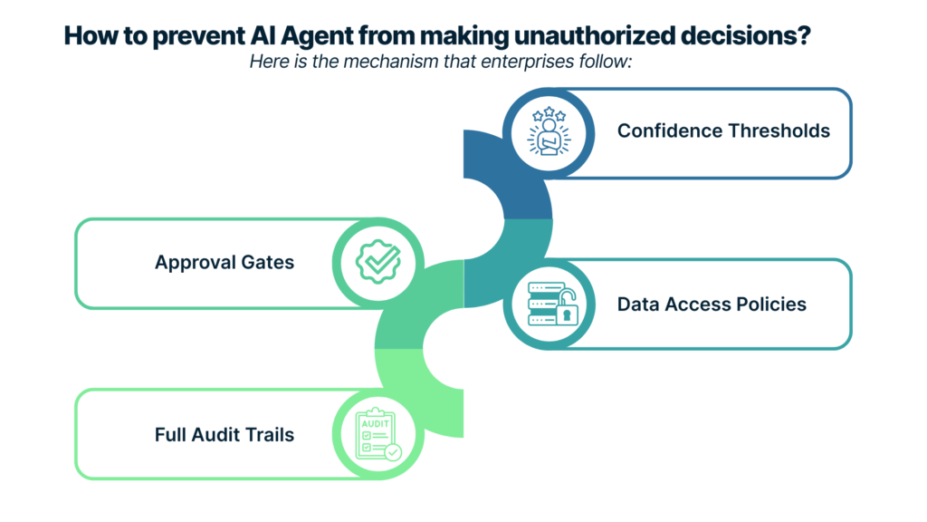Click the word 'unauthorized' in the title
(595, 35)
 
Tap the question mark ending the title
(804, 35)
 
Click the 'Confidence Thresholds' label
(723, 130)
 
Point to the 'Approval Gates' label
(225, 262)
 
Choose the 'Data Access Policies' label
(712, 304)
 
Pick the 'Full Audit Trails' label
(225, 435)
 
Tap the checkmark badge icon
(378, 262)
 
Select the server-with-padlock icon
(552, 304)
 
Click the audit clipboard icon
(377, 434)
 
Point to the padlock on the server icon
(567, 308)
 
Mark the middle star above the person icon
(550, 111)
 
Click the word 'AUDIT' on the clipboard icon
(376, 424)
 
